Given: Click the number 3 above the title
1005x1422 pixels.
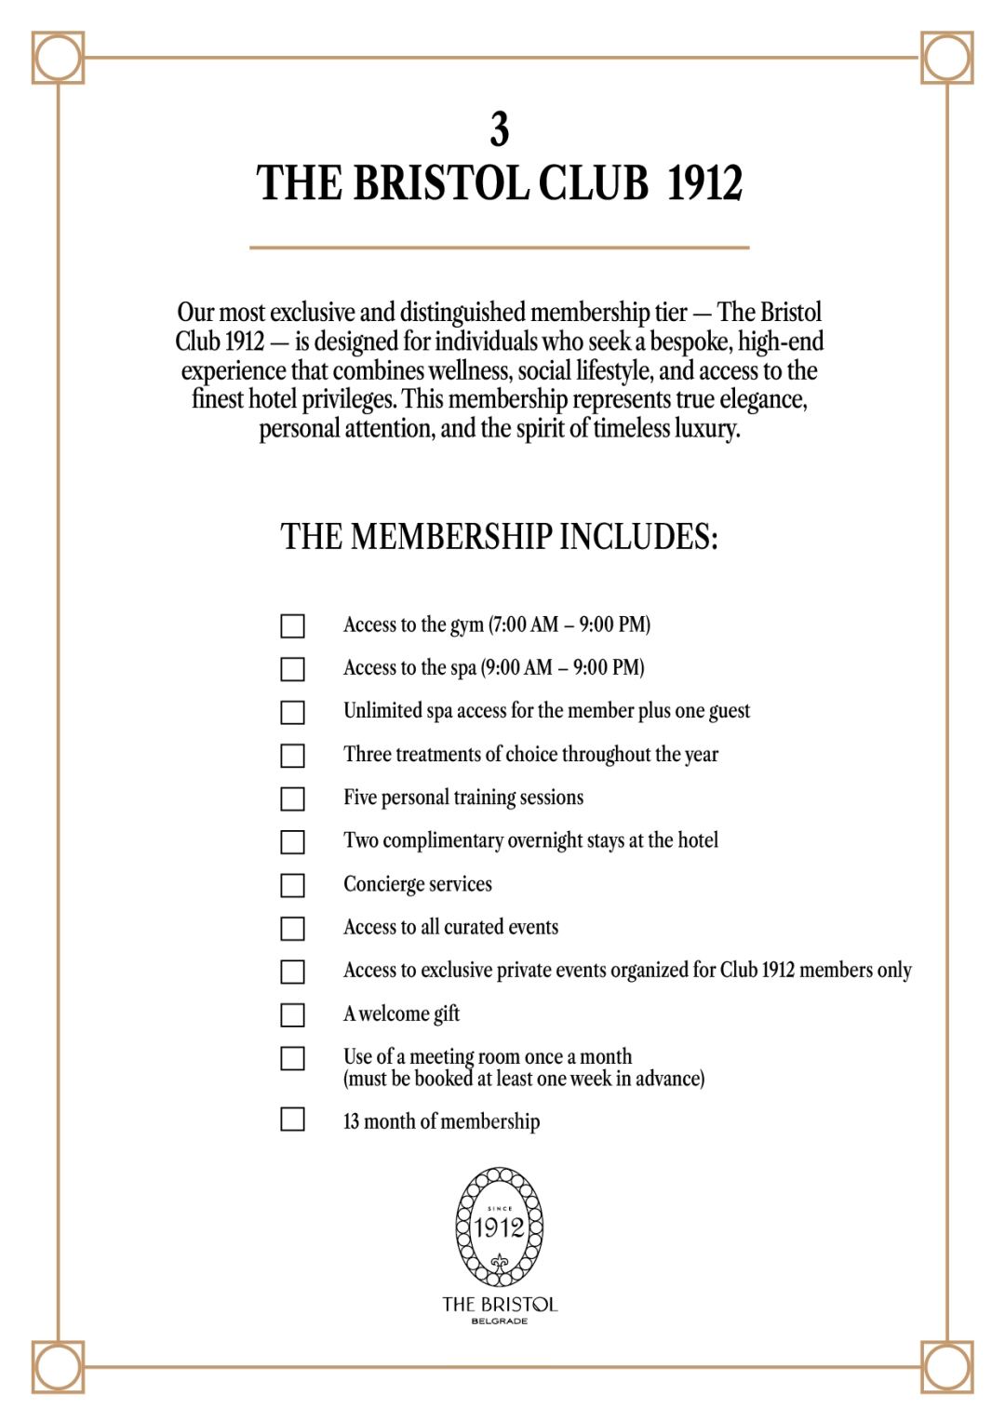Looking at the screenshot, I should (500, 129).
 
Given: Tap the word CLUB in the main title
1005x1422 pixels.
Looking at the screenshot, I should (593, 183).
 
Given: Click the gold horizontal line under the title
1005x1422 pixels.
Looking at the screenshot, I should (500, 248).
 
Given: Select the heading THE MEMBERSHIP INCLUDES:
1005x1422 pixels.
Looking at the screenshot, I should (500, 537).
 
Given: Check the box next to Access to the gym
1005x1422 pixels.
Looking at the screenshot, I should (293, 626).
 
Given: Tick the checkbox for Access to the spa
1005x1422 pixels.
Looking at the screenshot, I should (293, 669).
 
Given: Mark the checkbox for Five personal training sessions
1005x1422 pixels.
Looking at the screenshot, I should (293, 799).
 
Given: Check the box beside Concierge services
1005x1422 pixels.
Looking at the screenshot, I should (293, 885).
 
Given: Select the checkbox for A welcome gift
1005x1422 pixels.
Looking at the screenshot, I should (293, 1014).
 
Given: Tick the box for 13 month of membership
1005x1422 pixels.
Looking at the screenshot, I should (293, 1119).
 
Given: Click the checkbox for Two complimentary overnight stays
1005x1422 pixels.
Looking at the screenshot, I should (293, 842).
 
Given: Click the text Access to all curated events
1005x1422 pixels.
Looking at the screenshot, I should (450, 927).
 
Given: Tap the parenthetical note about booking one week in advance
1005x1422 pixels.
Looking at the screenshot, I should (524, 1080).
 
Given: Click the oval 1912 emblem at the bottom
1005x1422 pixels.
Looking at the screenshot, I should (500, 1227).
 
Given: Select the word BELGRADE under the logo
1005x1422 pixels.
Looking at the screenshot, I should (500, 1321).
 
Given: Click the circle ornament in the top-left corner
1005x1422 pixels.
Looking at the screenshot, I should (58, 58).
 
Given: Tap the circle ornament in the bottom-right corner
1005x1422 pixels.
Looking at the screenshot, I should (947, 1367).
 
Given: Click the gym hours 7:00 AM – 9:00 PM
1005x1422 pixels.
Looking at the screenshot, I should (569, 624).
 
